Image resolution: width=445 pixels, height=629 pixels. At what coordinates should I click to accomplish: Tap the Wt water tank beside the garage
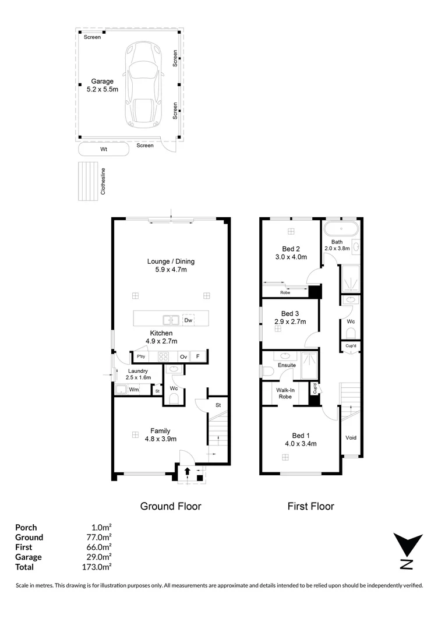click(x=104, y=150)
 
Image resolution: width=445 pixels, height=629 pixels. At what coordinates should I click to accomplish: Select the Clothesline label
click(x=103, y=181)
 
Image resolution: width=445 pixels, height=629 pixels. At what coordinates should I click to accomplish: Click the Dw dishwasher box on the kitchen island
click(x=188, y=320)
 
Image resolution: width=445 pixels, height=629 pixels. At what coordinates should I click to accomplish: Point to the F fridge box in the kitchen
click(x=198, y=356)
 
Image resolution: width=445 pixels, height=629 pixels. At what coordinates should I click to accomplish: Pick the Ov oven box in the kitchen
click(x=183, y=356)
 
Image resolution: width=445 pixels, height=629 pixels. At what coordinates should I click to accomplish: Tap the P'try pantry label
click(x=141, y=356)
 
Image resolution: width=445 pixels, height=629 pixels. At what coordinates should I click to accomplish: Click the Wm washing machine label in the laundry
click(x=133, y=390)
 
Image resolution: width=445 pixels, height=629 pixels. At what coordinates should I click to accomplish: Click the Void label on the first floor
click(x=351, y=437)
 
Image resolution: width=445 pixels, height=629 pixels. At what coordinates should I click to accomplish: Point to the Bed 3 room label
click(x=290, y=313)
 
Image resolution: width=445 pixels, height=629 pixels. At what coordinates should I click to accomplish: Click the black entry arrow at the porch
click(x=187, y=472)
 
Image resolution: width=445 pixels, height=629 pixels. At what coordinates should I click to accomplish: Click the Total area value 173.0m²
click(x=98, y=567)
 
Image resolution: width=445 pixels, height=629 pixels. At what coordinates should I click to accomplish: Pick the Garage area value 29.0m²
click(x=99, y=557)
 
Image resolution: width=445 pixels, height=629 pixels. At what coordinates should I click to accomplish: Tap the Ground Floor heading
click(x=171, y=506)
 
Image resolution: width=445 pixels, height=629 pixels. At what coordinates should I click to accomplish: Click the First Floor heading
click(x=311, y=506)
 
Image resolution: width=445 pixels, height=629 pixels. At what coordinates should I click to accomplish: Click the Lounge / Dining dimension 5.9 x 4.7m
click(x=171, y=270)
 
